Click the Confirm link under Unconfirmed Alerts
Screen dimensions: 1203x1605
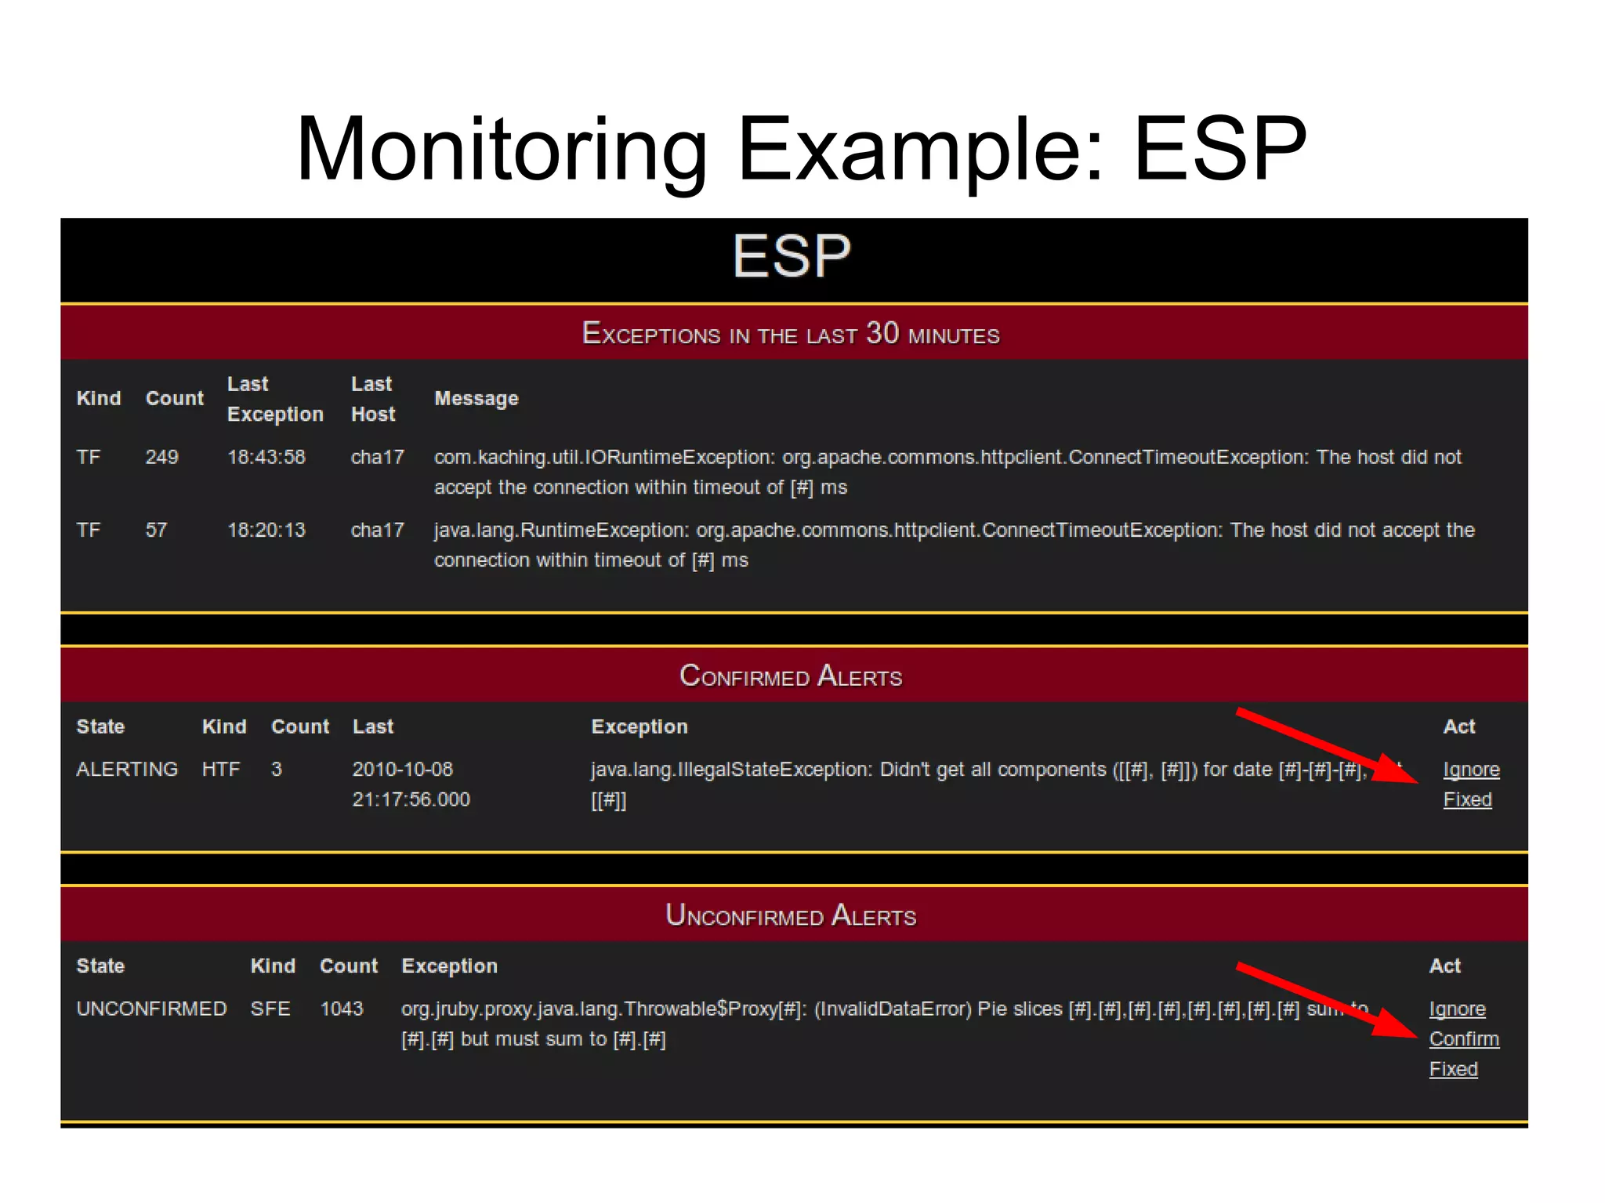click(x=1463, y=1038)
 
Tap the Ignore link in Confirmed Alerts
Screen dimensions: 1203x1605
click(x=1471, y=770)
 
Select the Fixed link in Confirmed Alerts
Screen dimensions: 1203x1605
click(x=1467, y=799)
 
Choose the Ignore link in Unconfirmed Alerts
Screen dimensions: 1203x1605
click(x=1457, y=1009)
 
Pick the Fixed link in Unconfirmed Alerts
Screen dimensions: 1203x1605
click(x=1453, y=1069)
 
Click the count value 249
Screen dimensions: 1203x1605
click(x=161, y=457)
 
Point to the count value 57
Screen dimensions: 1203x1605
click(x=156, y=530)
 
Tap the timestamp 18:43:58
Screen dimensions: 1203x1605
click(x=266, y=457)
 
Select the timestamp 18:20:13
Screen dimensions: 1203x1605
click(x=266, y=530)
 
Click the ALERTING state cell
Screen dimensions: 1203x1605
click(x=127, y=770)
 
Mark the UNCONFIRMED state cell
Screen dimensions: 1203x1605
click(x=151, y=1009)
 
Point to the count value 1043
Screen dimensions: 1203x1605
click(x=341, y=1009)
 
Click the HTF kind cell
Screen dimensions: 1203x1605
click(x=220, y=770)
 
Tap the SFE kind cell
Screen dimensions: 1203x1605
click(x=270, y=1009)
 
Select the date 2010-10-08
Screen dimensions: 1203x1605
click(x=402, y=770)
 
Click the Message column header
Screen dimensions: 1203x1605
click(x=476, y=399)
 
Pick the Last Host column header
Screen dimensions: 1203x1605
click(x=372, y=399)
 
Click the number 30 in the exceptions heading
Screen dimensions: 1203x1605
click(x=882, y=333)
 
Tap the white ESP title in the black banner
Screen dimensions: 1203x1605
click(x=792, y=256)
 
